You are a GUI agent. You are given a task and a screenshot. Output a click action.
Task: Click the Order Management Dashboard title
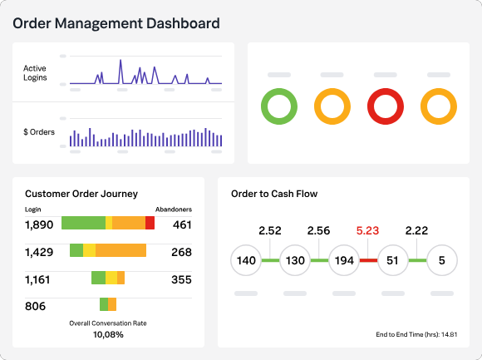coord(116,23)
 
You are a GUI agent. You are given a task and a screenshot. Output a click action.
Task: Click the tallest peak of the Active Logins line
coord(120,60)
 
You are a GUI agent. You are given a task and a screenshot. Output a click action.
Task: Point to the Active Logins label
coord(35,73)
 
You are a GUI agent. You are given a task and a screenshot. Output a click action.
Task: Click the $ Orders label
coord(39,132)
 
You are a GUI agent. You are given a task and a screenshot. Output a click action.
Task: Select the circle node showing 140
coord(246,260)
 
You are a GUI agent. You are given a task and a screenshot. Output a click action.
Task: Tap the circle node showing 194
coord(344,260)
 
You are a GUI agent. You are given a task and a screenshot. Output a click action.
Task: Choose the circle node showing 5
coord(442,260)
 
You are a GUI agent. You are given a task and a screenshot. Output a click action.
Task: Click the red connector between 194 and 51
coord(369,260)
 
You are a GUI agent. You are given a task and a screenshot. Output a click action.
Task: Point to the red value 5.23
coord(367,230)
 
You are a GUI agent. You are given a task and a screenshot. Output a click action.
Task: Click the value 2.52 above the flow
coord(270,230)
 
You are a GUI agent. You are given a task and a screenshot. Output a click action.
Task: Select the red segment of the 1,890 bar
coord(150,223)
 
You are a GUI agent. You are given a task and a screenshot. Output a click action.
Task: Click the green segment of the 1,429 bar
coord(76,250)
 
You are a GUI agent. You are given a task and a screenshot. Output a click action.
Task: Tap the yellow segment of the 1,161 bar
coord(111,278)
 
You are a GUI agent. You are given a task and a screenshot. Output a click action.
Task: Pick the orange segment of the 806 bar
coord(112,304)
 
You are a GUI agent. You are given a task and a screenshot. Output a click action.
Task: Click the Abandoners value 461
coord(182,224)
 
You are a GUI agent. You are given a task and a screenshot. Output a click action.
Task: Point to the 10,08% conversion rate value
coord(108,334)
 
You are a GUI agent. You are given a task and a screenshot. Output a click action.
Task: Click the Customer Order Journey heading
coord(81,194)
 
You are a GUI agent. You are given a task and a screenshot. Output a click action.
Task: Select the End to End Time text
coord(416,334)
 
